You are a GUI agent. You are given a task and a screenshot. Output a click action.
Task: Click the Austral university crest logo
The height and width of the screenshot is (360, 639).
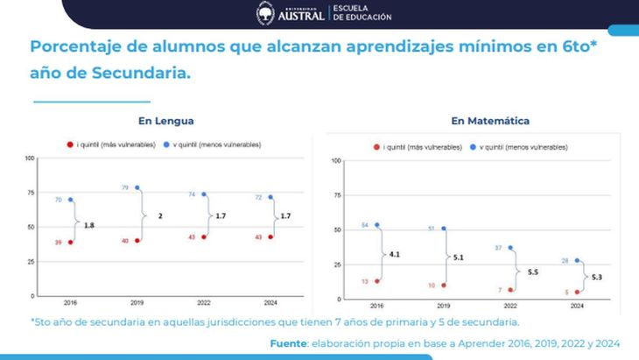265,13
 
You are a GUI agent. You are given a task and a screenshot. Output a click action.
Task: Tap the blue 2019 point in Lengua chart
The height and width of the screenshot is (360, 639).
137,188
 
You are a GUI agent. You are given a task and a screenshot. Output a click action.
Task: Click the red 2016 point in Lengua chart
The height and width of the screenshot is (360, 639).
70,242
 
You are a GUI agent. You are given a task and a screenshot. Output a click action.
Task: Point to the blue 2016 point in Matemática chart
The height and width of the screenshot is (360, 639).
376,225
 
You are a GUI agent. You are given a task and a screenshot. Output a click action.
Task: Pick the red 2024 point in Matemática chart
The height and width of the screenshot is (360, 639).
577,292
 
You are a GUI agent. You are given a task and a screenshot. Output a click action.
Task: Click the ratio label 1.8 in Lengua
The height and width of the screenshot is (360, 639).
89,224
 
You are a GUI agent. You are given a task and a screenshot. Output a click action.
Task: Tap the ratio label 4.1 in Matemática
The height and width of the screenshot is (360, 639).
395,254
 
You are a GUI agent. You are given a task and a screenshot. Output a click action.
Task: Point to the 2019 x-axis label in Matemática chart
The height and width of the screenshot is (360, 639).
443,307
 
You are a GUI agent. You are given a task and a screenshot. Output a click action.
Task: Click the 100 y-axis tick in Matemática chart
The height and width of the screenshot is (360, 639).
335,161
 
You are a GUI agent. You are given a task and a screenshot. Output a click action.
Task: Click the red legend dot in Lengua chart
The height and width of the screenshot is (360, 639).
68,144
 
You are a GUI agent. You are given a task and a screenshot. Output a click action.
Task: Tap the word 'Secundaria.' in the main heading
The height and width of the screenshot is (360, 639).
141,73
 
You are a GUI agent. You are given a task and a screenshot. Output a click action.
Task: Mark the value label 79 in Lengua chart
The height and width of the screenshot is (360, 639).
125,187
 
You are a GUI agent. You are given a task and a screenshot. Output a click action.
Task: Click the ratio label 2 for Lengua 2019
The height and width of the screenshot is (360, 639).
158,215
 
